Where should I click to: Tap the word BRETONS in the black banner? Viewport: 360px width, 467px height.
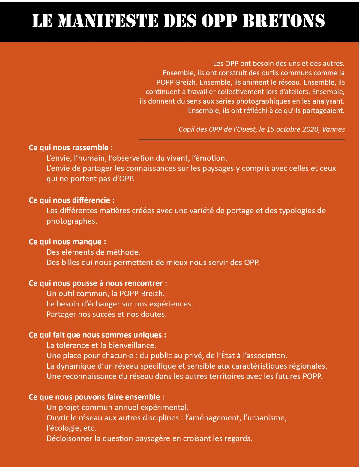[284, 21]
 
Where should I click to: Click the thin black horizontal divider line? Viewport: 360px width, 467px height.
[242, 140]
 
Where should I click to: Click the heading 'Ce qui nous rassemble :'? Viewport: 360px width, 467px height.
[71, 148]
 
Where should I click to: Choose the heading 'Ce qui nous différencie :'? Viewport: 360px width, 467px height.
[72, 200]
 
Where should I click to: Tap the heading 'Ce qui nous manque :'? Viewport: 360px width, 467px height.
[67, 242]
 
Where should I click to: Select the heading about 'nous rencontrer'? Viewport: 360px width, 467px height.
[98, 283]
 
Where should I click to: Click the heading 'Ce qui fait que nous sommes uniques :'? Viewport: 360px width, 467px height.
[97, 335]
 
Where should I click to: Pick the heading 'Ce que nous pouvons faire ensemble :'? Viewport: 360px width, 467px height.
[97, 397]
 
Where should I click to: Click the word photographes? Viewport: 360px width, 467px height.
[71, 221]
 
